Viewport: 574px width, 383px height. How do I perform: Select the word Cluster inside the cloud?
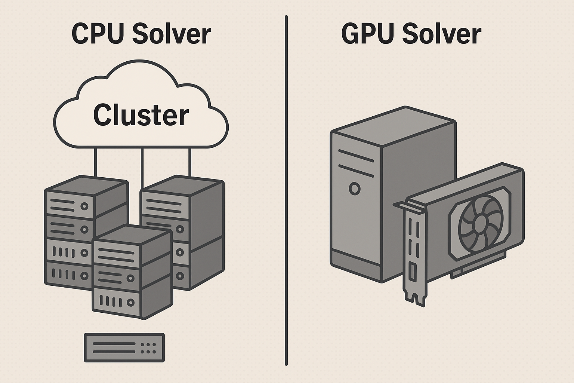click(x=141, y=115)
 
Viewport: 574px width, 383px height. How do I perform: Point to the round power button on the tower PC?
click(x=354, y=189)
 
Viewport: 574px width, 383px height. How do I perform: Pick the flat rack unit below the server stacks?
click(x=124, y=348)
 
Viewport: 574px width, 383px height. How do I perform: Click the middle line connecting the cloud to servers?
click(x=142, y=168)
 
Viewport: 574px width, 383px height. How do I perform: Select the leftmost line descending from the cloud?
click(x=95, y=163)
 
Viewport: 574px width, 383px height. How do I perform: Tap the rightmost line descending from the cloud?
click(x=189, y=163)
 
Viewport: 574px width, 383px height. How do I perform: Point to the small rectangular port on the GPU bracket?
click(x=413, y=272)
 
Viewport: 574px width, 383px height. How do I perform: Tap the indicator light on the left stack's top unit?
click(x=85, y=206)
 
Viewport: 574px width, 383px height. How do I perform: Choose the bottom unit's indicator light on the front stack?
click(x=130, y=302)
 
